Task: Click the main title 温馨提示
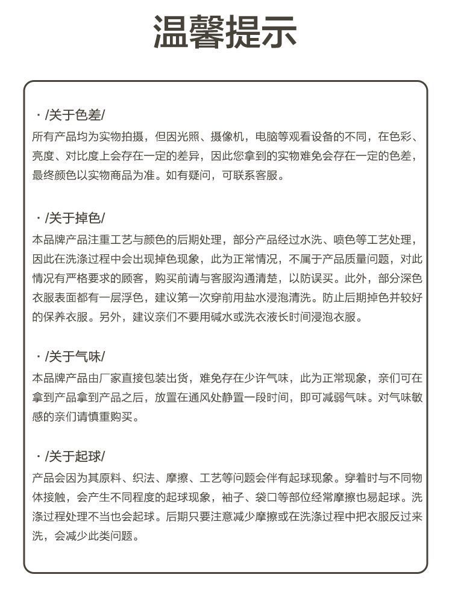[225, 32]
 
